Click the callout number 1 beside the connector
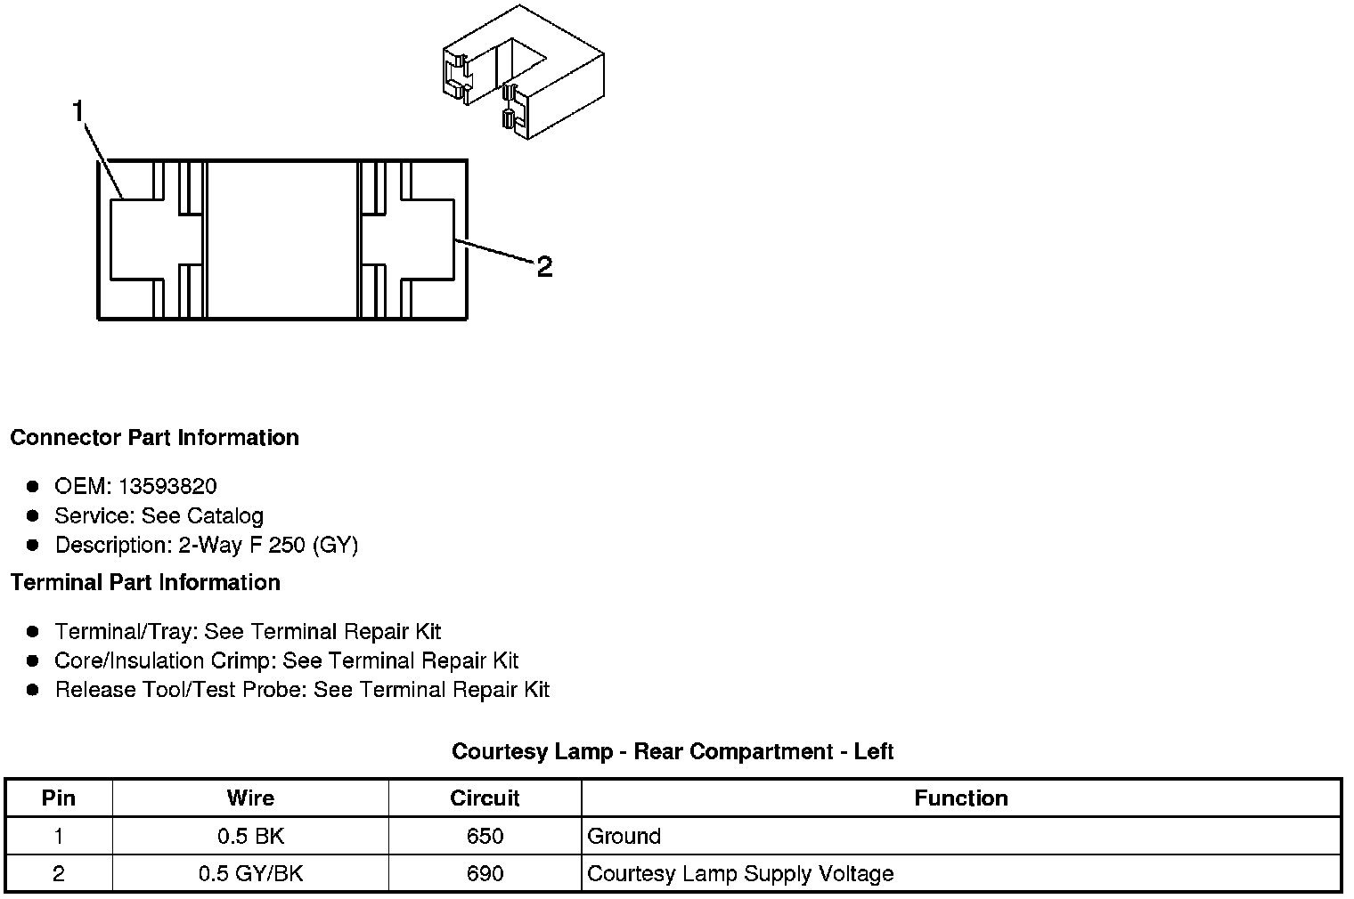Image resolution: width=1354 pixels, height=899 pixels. pyautogui.click(x=78, y=111)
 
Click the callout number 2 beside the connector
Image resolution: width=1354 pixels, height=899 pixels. pyautogui.click(x=544, y=266)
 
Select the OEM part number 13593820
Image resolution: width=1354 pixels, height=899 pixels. pyautogui.click(x=167, y=486)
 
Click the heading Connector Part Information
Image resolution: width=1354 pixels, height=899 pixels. pyautogui.click(x=154, y=438)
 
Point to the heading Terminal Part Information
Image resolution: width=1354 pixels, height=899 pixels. pyautogui.click(x=145, y=583)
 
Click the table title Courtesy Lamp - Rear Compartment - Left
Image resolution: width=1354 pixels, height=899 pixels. pyautogui.click(x=673, y=752)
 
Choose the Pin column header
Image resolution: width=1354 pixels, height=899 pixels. pyautogui.click(x=59, y=798)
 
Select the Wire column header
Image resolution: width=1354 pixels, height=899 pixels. pyautogui.click(x=250, y=798)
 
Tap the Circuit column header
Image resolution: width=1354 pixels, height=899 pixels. pyautogui.click(x=485, y=798)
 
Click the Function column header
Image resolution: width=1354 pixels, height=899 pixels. pyautogui.click(x=961, y=798)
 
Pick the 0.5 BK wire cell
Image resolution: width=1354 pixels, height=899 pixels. pyautogui.click(x=250, y=837)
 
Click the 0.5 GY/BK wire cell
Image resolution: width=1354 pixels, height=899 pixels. pyautogui.click(x=250, y=874)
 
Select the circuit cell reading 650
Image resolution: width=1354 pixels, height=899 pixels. pyautogui.click(x=485, y=837)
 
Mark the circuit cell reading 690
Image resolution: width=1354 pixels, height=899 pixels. pyautogui.click(x=485, y=874)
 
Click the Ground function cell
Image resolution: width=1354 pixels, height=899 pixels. pyautogui.click(x=624, y=837)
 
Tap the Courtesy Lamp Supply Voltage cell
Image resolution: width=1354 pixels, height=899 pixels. pyautogui.click(x=740, y=874)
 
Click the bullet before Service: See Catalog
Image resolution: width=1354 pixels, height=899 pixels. pyautogui.click(x=33, y=515)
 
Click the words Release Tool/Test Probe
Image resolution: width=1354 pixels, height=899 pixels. pyautogui.click(x=181, y=690)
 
